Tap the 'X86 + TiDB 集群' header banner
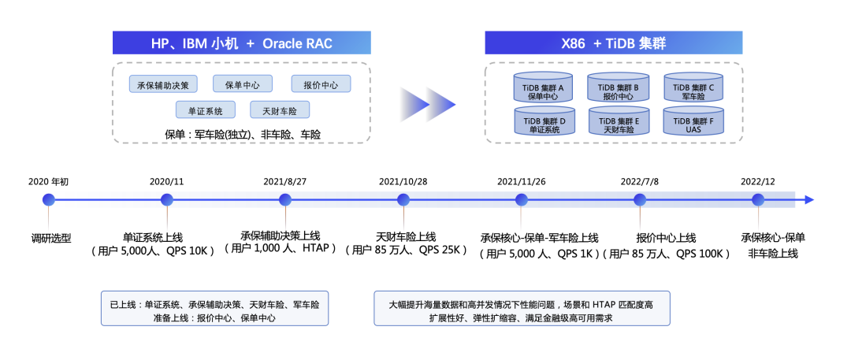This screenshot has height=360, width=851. (613, 43)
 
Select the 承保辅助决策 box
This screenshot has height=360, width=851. (164, 84)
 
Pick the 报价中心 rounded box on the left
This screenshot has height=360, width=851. (321, 84)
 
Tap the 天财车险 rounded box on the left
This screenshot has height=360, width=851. (280, 110)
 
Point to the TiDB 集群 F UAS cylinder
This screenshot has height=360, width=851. (693, 123)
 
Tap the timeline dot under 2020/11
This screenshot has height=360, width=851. (167, 200)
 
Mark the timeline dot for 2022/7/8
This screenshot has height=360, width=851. (640, 200)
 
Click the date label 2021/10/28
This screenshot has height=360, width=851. (403, 181)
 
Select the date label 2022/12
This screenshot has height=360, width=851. (758, 181)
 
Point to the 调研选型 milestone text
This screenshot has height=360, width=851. (49, 237)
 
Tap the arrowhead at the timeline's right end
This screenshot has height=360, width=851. (808, 200)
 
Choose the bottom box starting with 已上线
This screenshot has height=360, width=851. (214, 310)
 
